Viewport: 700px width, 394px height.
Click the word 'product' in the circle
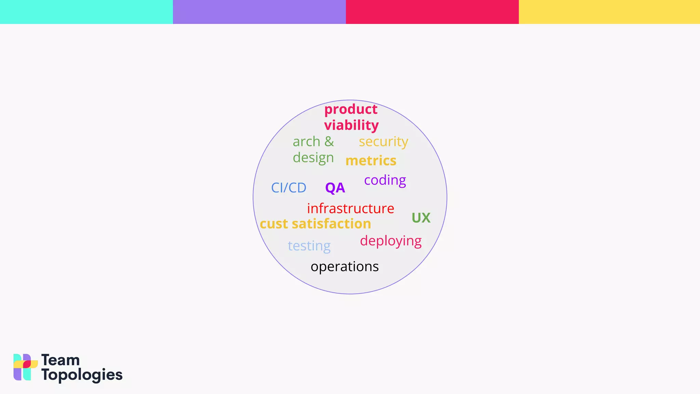coord(351,109)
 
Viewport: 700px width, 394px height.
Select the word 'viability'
coord(351,125)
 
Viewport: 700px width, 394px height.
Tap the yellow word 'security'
coord(383,142)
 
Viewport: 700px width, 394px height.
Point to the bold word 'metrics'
coord(371,161)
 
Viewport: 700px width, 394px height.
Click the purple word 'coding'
coord(385,180)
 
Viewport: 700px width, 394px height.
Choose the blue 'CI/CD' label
coord(288,188)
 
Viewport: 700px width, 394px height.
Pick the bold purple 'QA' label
coord(335,188)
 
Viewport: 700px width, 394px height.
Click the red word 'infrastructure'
coord(350,209)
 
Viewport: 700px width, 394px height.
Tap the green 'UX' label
coord(421,218)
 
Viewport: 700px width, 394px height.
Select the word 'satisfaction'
coord(331,224)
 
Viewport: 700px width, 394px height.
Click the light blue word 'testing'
coord(309,246)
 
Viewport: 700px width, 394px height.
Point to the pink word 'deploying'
coord(391,241)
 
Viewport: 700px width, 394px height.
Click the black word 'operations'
coord(345,267)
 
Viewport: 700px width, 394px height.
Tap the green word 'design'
coord(313,158)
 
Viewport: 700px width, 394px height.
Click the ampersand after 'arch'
coord(329,142)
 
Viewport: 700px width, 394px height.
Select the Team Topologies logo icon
coord(25,367)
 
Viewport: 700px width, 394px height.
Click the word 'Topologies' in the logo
coord(82,375)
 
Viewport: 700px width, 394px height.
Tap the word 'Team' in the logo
coord(60,360)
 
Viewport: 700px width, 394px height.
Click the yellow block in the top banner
coord(609,12)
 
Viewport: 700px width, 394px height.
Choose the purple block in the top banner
coord(259,12)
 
